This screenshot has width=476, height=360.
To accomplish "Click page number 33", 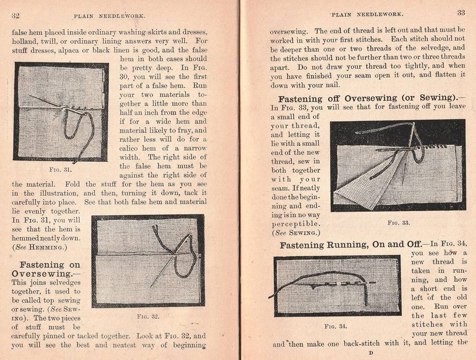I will point(461,13).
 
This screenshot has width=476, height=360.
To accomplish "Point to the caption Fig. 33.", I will point(398,223).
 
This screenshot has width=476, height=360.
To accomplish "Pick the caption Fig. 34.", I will point(336,326).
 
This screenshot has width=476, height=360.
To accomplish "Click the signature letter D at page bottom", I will point(371,353).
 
